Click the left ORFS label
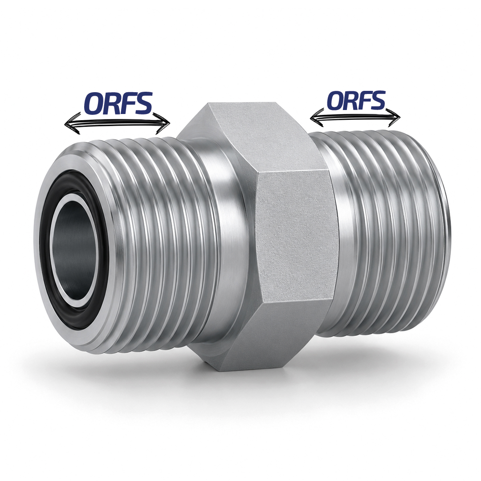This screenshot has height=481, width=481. click(x=118, y=103)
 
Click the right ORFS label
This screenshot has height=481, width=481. click(x=356, y=100)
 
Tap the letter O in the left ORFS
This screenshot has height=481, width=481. click(x=94, y=104)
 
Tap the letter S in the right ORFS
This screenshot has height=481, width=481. click(x=377, y=100)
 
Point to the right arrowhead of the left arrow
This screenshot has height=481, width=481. click(x=163, y=123)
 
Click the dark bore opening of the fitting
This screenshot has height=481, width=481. click(x=73, y=249)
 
